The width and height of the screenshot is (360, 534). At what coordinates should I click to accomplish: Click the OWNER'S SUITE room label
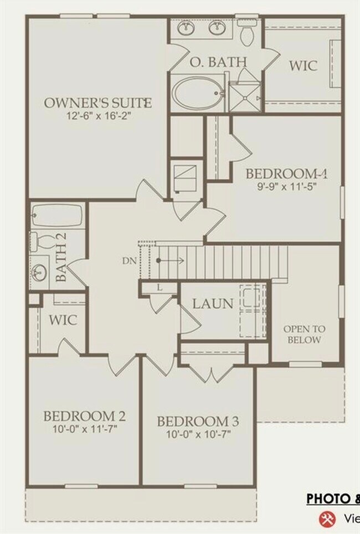(97, 103)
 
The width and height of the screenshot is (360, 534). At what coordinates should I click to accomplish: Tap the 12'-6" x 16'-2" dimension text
(97, 116)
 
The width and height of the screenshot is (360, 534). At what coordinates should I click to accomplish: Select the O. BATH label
(217, 61)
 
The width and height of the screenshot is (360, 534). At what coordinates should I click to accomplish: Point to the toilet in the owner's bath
(248, 34)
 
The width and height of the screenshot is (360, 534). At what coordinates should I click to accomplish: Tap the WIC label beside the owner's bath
(303, 65)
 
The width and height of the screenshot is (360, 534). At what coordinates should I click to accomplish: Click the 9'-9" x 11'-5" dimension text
(287, 186)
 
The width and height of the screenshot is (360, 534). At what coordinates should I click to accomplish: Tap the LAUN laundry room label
(213, 304)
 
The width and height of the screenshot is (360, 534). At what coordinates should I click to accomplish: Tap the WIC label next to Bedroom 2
(63, 320)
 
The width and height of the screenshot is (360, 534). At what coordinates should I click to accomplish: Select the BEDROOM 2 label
(84, 416)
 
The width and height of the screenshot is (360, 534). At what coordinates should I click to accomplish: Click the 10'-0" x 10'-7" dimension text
(198, 434)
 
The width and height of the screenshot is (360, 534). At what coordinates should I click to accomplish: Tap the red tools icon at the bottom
(326, 519)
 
